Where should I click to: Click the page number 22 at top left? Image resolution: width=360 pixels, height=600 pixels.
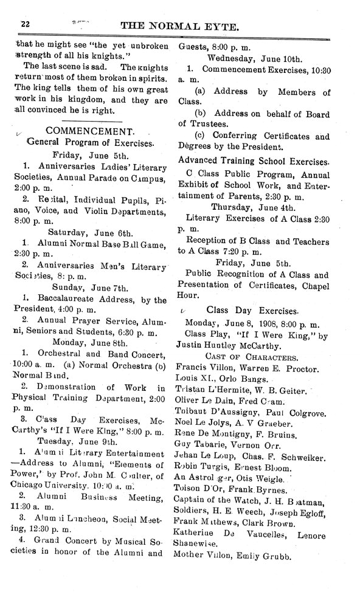point(25,23)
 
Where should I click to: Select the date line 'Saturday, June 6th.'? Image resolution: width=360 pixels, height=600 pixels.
point(90,231)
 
